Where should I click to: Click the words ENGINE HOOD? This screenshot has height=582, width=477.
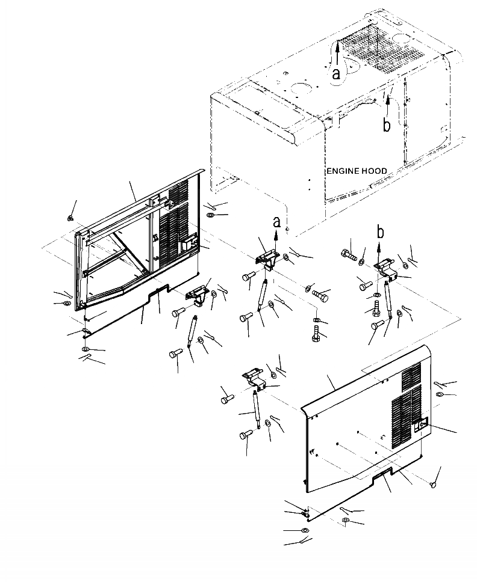click(x=357, y=171)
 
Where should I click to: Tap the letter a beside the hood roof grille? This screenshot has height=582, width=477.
click(x=337, y=74)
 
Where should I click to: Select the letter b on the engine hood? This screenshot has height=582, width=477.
click(x=387, y=124)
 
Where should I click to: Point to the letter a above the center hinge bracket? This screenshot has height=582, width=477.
click(x=277, y=222)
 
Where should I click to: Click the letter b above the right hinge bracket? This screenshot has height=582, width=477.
click(x=380, y=231)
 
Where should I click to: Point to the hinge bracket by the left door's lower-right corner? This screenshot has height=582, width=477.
click(x=197, y=295)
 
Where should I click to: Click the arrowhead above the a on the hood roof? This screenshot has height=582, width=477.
click(x=337, y=47)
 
